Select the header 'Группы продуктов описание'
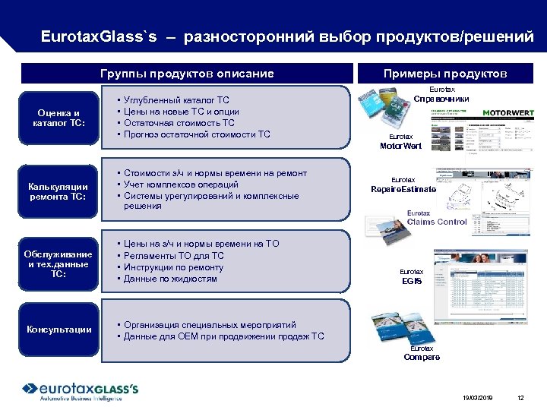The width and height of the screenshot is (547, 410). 187,74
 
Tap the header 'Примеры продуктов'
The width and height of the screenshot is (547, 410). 445,74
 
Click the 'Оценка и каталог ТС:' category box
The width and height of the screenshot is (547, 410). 59,118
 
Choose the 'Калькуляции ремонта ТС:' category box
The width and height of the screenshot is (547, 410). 59,191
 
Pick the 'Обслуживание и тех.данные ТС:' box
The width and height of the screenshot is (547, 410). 59,263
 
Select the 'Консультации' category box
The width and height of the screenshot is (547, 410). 59,330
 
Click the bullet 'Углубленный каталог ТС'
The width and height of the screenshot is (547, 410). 175,100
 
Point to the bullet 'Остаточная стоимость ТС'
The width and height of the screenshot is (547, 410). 179,123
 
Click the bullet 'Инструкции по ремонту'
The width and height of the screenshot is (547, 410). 173,267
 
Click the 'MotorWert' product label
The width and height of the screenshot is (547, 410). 401,146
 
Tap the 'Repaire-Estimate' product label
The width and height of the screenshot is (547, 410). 403,189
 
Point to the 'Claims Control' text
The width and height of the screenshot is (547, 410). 437,222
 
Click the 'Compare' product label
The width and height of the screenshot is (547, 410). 422,357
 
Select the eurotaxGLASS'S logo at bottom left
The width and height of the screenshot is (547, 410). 81,389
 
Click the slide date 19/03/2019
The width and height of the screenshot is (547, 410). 476,398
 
